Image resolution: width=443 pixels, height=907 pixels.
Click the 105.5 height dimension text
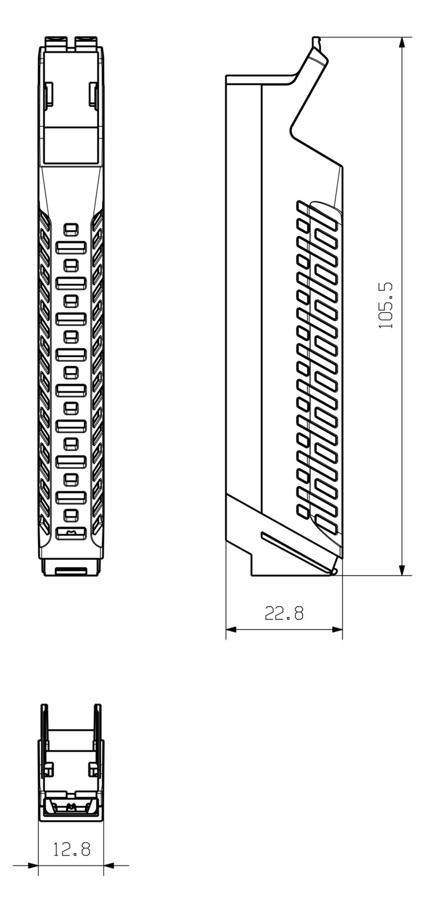click(x=386, y=305)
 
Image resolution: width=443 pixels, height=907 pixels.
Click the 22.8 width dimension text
click(x=284, y=613)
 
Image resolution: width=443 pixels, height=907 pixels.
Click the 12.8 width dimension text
click(x=71, y=849)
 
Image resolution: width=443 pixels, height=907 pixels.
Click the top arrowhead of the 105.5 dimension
click(x=403, y=43)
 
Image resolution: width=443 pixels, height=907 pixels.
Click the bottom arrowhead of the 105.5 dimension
click(x=403, y=570)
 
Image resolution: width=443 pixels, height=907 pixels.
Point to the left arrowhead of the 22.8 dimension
click(x=231, y=630)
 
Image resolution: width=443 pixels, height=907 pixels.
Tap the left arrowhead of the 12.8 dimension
click(x=33, y=865)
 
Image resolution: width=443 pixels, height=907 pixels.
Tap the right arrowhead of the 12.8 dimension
click(x=109, y=865)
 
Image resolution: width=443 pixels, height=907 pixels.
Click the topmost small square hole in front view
click(x=70, y=229)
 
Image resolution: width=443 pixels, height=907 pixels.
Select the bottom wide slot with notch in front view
click(x=71, y=533)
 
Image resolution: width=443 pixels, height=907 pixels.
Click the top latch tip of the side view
click(x=316, y=41)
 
